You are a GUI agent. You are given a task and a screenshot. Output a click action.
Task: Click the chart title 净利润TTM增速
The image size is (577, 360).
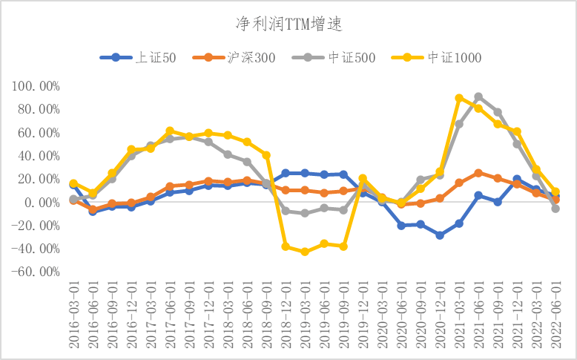[288, 24]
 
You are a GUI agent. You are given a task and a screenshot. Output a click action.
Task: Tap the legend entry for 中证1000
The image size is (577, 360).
[446, 57]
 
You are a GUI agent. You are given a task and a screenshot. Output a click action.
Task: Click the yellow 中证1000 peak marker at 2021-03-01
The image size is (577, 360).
[459, 98]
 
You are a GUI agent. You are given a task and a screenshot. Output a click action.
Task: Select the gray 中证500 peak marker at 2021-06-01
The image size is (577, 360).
[478, 96]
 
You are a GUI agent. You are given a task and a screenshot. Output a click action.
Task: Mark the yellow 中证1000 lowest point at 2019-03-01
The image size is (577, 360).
[305, 252]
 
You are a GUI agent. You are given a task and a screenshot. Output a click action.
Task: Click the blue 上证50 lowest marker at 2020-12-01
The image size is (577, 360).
[440, 235]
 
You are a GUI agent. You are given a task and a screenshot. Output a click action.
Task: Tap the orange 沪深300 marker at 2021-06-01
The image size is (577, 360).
[478, 173]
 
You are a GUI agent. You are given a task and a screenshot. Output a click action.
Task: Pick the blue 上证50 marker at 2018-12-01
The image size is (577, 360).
[286, 173]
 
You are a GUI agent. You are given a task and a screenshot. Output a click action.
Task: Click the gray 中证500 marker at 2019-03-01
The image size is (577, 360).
[305, 213]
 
